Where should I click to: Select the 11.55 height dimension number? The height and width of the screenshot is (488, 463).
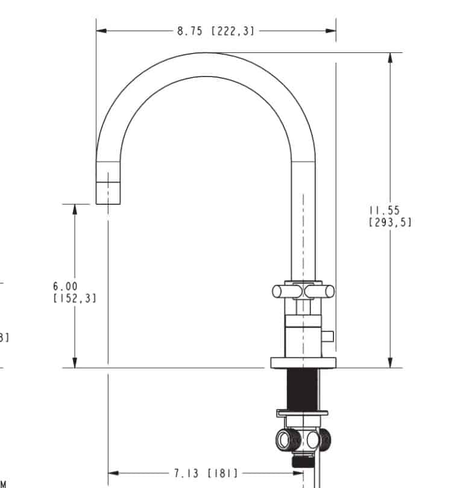384,210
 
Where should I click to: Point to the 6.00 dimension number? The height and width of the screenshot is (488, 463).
65,287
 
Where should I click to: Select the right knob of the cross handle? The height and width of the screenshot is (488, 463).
324,292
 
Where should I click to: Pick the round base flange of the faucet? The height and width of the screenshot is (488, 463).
303,362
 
